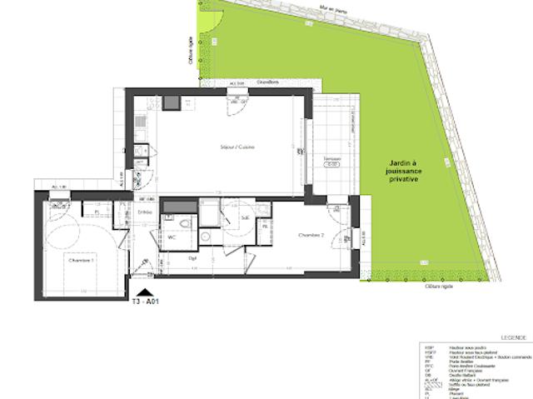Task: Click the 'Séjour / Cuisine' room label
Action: click(238, 147)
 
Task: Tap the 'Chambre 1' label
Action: click(81, 261)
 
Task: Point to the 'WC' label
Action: click(172, 237)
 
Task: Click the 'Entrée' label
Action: click(143, 212)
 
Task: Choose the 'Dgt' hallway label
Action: click(192, 257)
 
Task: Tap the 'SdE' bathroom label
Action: click(245, 218)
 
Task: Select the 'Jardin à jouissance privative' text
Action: click(401, 172)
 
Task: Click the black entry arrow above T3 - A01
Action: click(146, 292)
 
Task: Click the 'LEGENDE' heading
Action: click(512, 338)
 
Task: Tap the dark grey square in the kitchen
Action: click(171, 103)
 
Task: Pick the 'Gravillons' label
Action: click(266, 82)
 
